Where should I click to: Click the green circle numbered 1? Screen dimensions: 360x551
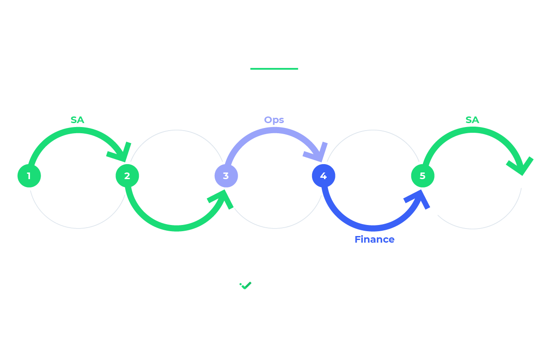pos(29,176)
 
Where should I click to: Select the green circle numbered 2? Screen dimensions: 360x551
pos(127,176)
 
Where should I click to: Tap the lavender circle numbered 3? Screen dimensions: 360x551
pos(226,176)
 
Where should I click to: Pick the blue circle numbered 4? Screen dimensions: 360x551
pos(324,176)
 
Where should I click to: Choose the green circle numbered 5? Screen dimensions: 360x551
pos(423,176)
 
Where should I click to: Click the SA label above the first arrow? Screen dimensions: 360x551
pos(77,120)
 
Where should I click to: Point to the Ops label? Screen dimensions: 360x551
pos(274,120)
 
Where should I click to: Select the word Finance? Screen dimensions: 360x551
pos(374,240)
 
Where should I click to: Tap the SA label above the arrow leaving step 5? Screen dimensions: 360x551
pos(472,120)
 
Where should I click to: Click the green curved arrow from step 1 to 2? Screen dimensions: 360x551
pos(77,130)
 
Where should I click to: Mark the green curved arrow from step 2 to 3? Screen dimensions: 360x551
pos(176,228)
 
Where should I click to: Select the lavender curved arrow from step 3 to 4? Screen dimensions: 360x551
pos(273,130)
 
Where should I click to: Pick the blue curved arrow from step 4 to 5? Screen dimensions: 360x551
pos(372,228)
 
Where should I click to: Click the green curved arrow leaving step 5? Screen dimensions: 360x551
pos(472,130)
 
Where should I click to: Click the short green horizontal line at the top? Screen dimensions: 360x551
pos(274,69)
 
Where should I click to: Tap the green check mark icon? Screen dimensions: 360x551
pos(246,285)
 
